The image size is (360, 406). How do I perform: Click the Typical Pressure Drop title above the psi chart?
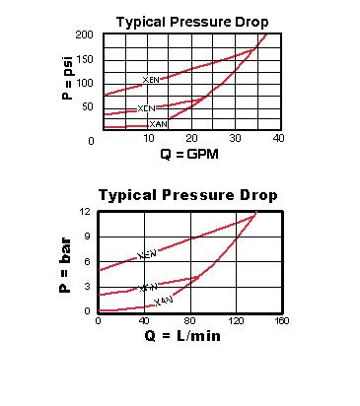point(191,21)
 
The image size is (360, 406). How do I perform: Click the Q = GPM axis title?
point(188,155)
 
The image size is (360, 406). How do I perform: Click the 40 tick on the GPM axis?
point(278,139)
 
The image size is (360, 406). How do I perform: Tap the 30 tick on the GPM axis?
point(235,139)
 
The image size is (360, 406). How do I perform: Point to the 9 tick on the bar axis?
point(88,237)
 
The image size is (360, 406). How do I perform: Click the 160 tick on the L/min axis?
point(281,321)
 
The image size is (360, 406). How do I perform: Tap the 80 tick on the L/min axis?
point(191,321)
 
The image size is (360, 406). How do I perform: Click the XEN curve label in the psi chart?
point(151,80)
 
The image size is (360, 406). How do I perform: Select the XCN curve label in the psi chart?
point(146,108)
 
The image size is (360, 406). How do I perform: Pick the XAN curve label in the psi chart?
point(157,125)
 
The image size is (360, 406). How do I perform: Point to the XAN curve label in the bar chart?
point(164,300)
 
